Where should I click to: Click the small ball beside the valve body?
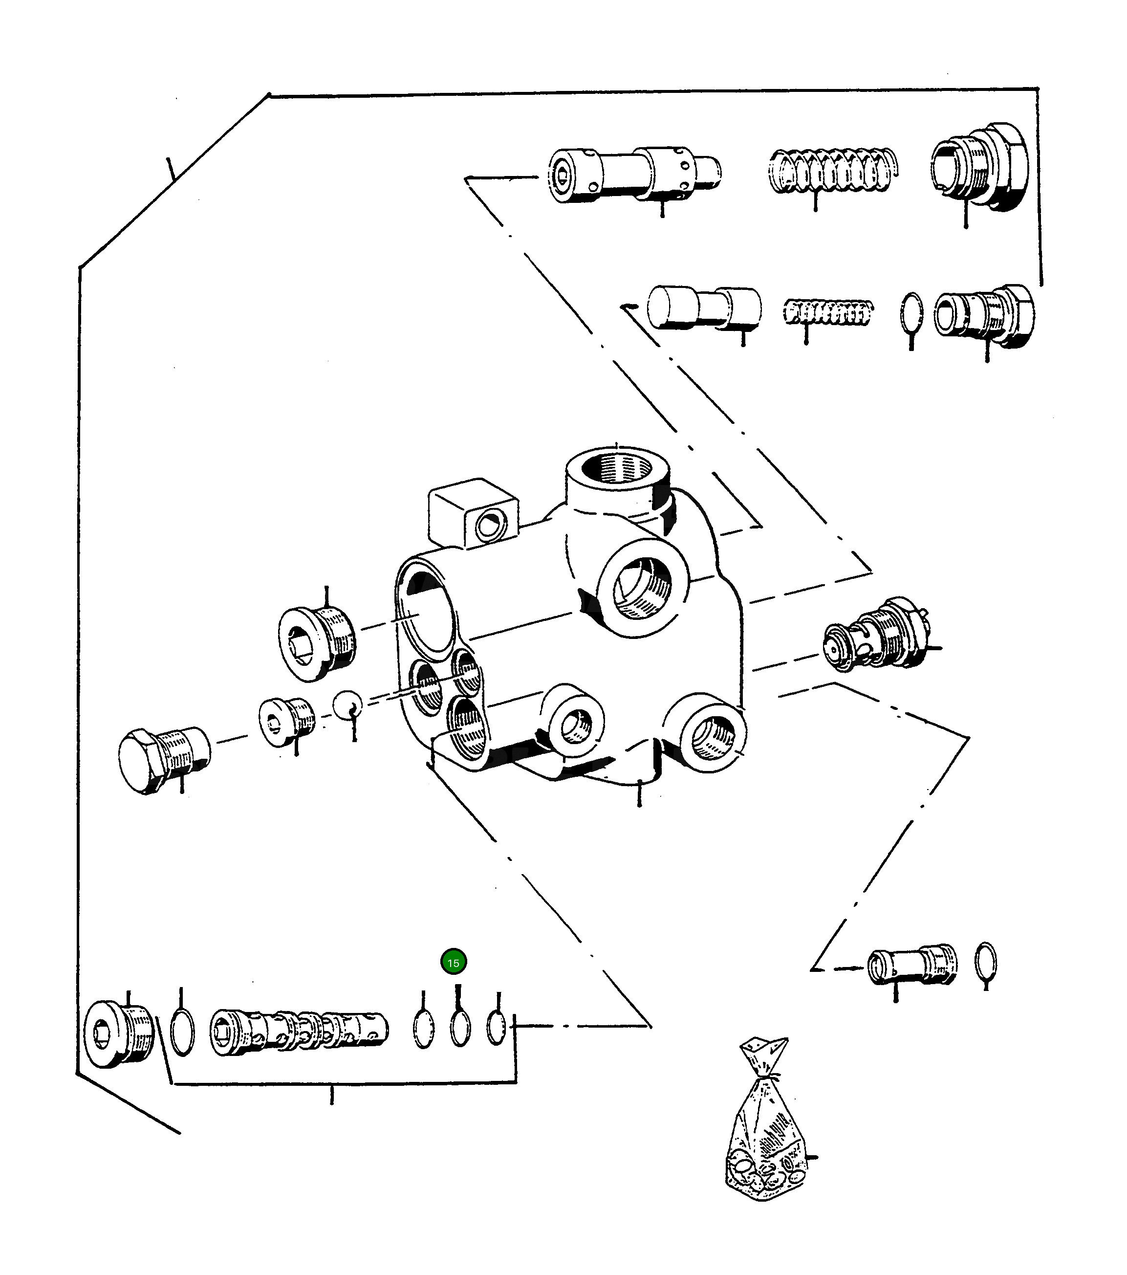(x=347, y=705)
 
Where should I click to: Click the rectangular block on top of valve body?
(x=472, y=514)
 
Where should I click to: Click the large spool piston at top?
(x=633, y=174)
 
